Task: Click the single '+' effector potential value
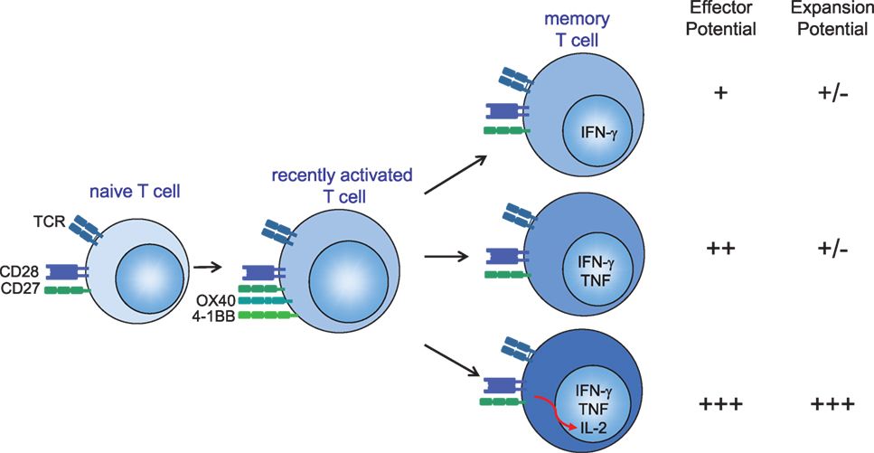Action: click(720, 93)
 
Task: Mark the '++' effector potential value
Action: click(720, 249)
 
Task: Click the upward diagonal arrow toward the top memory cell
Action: click(454, 175)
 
